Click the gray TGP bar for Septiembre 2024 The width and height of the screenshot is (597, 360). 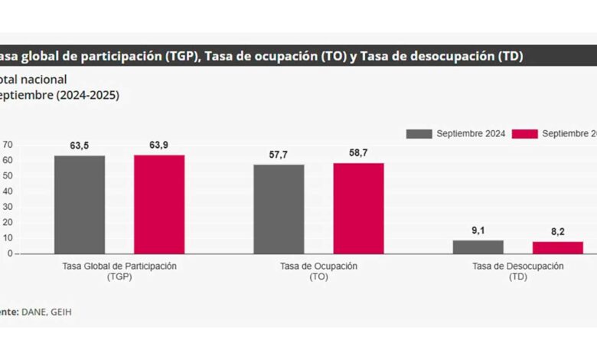[80, 205]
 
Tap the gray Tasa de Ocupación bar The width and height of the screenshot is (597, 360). [279, 208]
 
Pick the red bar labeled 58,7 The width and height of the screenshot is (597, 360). [358, 208]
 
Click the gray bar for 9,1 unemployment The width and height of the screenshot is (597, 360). [478, 247]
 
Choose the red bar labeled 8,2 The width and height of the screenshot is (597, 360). [558, 247]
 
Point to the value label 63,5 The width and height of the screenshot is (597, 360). [80, 145]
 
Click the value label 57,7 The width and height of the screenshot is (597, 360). [279, 154]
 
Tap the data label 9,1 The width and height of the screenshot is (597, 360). [478, 229]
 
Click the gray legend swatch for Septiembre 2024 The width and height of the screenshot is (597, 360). [419, 134]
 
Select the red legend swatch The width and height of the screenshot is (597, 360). [524, 134]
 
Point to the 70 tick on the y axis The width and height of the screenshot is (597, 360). [8, 144]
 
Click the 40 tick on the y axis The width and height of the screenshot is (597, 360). [8, 191]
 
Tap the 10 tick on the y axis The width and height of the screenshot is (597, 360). [8, 237]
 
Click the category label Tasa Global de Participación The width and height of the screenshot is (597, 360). [119, 266]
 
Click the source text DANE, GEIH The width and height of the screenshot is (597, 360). [47, 312]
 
